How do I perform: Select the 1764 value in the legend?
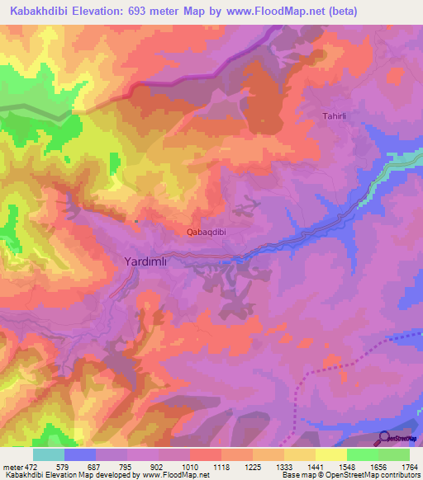(x=409, y=467)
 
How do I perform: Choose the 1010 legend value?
(x=190, y=467)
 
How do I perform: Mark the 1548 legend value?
(x=346, y=467)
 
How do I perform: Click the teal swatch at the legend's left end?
(x=49, y=454)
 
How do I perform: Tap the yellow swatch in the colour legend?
(x=330, y=454)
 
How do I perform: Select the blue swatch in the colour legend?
(x=80, y=454)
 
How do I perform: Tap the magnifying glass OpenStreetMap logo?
(x=383, y=439)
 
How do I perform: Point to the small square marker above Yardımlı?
(x=136, y=221)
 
